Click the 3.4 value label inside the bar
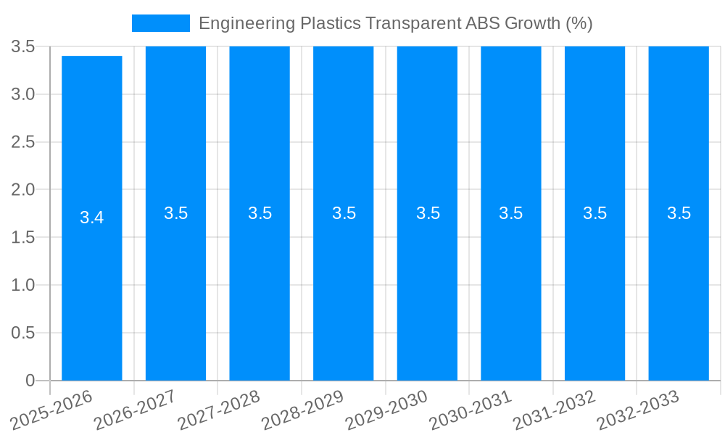coord(92,217)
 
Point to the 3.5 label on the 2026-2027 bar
coord(176,213)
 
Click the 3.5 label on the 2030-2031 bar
coord(511,213)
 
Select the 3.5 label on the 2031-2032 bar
coord(595,213)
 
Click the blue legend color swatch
coord(160,23)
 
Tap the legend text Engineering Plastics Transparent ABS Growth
coord(395,23)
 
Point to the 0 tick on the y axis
coord(30,381)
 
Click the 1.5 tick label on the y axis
coord(23,237)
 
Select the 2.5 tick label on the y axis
coord(23,142)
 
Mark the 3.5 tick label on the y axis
coord(23,46)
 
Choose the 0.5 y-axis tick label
coord(23,333)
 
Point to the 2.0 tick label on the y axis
coord(23,190)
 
